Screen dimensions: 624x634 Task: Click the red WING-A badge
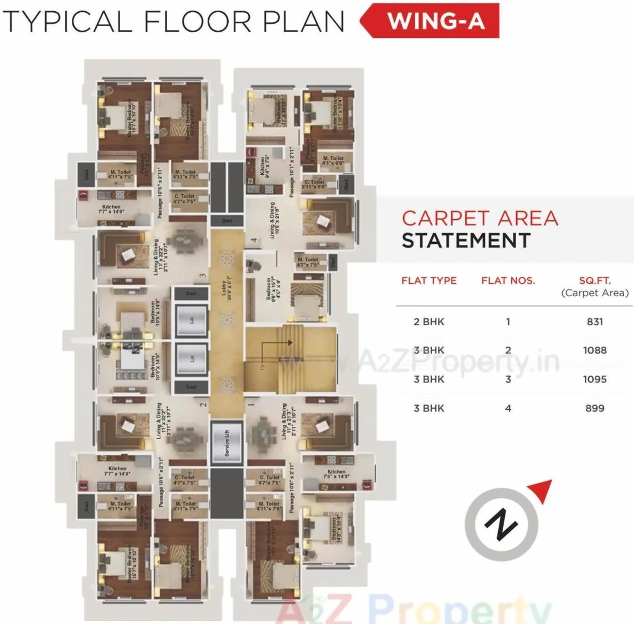[435, 21]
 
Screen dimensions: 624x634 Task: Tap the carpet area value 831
[594, 322]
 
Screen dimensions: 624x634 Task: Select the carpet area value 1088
[594, 351]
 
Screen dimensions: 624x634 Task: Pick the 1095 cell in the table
[594, 380]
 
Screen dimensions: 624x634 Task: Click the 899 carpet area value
[594, 409]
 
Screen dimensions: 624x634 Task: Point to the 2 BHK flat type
[429, 322]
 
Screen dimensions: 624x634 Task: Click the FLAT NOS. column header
[508, 281]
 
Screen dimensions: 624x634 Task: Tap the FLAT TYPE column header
[429, 281]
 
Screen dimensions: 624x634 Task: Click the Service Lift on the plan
[227, 443]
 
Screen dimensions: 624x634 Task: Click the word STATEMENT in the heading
[466, 241]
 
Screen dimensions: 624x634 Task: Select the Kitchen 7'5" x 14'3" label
[336, 474]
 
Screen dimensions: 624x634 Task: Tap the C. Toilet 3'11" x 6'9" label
[314, 185]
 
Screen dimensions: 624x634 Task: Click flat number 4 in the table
[508, 409]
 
